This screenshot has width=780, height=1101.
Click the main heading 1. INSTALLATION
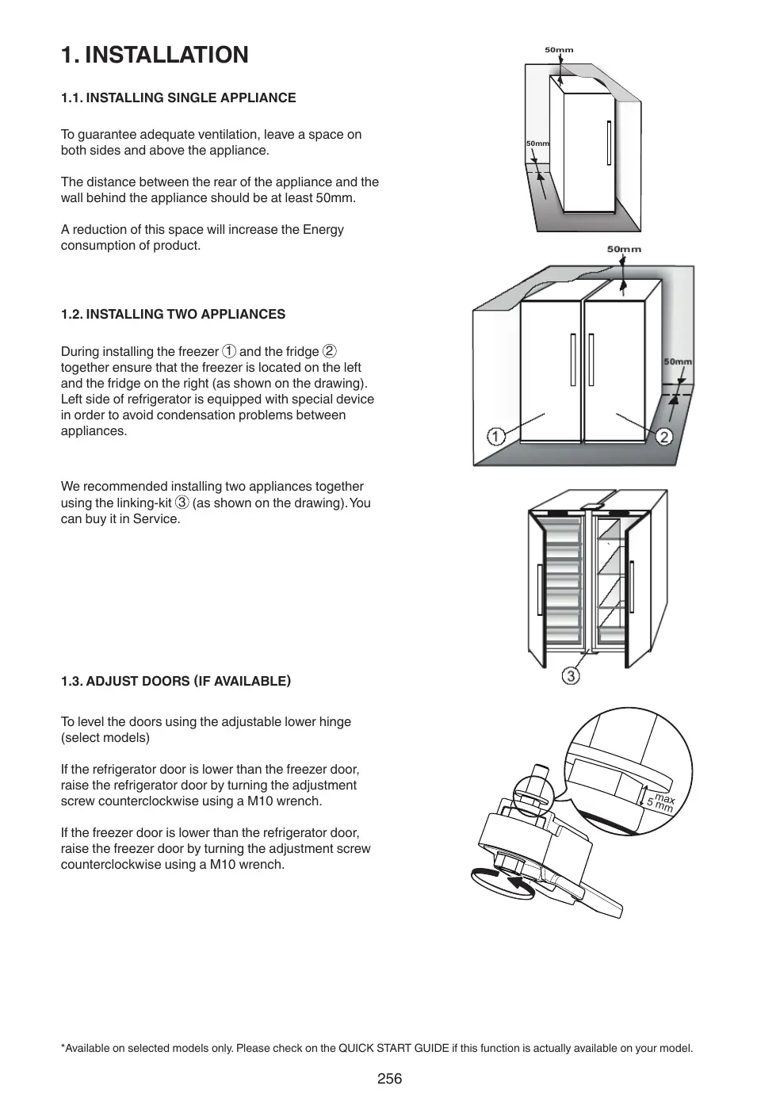pos(155,55)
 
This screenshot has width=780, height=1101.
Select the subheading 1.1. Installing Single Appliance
pos(178,97)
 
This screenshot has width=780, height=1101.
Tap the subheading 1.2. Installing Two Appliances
pos(173,314)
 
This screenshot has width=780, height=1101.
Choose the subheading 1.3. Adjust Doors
pos(176,681)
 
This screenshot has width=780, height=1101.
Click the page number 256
pos(389,1079)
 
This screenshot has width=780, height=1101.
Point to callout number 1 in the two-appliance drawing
pos(495,437)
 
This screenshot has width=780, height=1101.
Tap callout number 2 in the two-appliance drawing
pos(663,437)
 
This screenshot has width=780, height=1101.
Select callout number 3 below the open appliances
pos(571,676)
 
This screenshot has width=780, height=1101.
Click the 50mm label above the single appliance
pos(559,50)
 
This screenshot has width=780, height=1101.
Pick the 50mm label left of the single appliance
pos(537,143)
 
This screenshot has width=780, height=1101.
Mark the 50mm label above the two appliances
pos(624,249)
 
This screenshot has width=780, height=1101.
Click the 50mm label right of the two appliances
pos(678,361)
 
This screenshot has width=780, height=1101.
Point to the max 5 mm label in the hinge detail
pos(660,803)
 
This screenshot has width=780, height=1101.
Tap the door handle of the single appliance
pos(609,143)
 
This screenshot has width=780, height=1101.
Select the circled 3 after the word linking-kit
pos(182,503)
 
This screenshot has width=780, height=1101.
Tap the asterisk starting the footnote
pos(63,1048)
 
